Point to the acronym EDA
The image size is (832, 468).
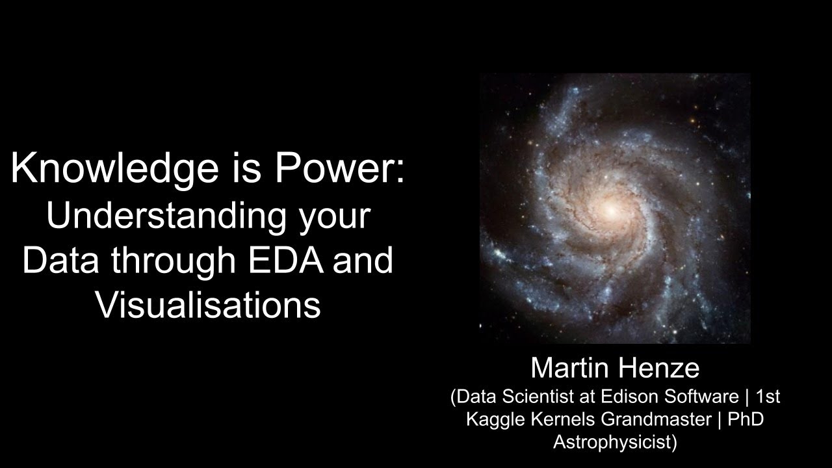tap(286, 259)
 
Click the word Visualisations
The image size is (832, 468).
tap(209, 305)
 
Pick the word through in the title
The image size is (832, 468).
tap(174, 262)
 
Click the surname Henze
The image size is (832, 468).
tap(659, 368)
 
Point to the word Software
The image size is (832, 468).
tap(701, 396)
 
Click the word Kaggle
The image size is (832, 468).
tap(495, 419)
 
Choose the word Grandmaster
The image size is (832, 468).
tap(656, 419)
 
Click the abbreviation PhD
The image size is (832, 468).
tap(745, 419)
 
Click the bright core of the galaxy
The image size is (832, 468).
tap(610, 211)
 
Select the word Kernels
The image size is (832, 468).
tap(562, 419)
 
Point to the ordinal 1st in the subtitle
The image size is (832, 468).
tap(768, 396)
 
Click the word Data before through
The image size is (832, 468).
tap(61, 259)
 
